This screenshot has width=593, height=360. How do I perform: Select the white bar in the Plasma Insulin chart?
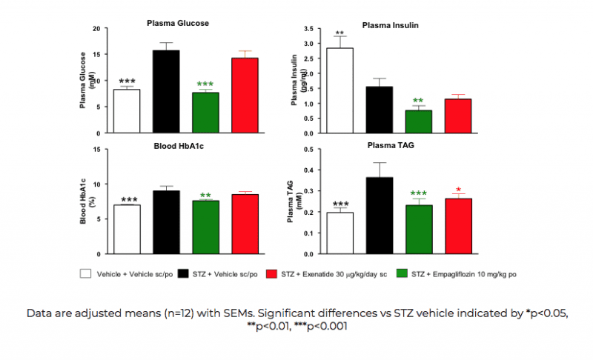pos(339,90)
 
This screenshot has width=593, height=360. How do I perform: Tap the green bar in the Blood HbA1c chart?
pos(205,227)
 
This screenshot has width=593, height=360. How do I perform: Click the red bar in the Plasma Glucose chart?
pos(245,95)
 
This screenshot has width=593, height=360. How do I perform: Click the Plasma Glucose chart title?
pos(176,23)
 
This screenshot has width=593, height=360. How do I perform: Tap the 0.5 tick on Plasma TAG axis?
pos(305,150)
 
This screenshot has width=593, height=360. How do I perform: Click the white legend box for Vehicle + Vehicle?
pos(85,273)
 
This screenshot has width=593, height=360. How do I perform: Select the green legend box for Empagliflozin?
pos(403,273)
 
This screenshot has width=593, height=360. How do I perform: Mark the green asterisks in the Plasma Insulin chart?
pos(418,101)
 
